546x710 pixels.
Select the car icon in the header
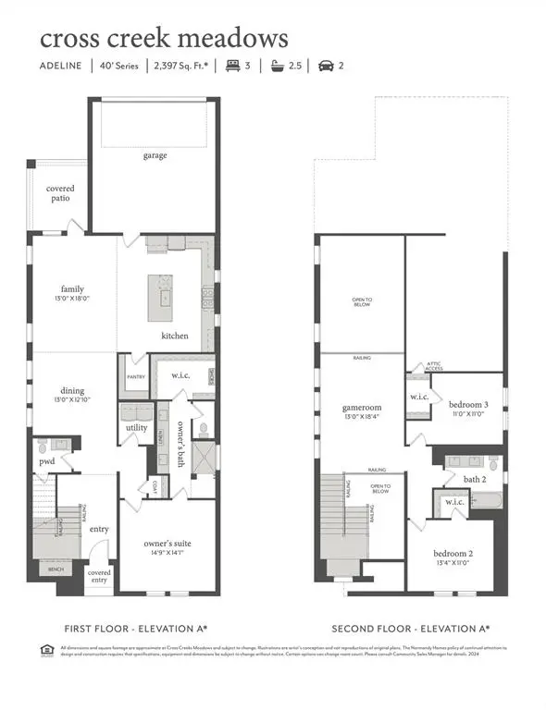pos(325,67)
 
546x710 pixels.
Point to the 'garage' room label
pos(155,155)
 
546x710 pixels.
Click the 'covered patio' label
pos(59,192)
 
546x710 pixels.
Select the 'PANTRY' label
pos(136,376)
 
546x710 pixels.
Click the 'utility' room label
pos(137,428)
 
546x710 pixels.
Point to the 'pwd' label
pos(46,460)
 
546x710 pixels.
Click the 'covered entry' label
pos(99,576)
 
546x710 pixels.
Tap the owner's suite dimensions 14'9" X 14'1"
pos(167,552)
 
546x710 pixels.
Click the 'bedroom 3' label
pos(467,405)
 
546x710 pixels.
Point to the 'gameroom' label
pos(360,405)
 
